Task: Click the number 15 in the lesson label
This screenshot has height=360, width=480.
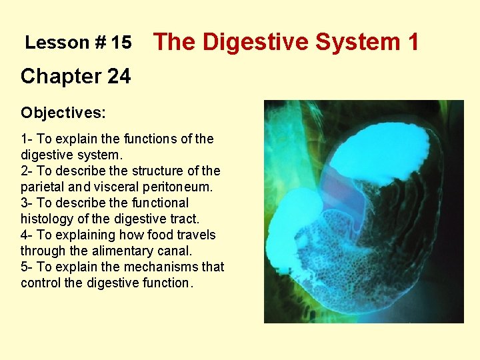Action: (121, 43)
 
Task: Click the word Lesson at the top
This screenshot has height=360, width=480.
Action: (57, 43)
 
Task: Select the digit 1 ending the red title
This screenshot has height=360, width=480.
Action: (412, 42)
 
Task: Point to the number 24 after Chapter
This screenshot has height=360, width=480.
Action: (118, 77)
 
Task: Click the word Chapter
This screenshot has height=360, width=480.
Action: (60, 77)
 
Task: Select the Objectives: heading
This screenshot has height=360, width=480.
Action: (63, 113)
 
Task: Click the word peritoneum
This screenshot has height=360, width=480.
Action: (180, 187)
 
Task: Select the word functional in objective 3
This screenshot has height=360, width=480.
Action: (157, 203)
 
